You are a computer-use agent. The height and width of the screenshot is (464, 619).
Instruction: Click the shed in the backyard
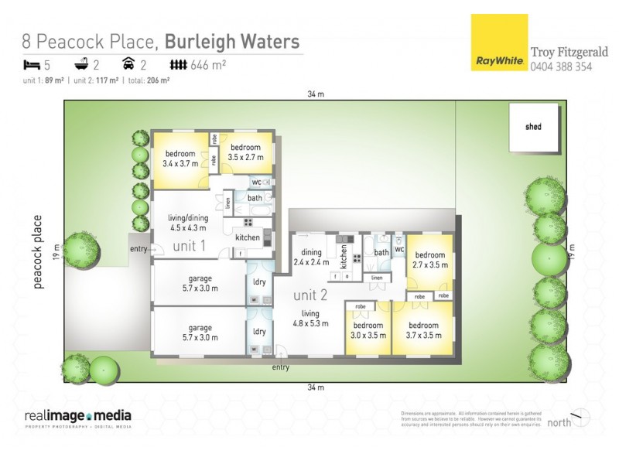click(533, 127)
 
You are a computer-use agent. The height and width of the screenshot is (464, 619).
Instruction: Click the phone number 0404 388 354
click(561, 67)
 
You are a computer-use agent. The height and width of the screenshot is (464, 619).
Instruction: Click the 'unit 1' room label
click(189, 246)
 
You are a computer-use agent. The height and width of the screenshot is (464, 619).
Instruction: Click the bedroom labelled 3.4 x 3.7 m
click(180, 159)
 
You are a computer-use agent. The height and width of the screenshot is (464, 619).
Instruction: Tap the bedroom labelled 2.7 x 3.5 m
click(430, 260)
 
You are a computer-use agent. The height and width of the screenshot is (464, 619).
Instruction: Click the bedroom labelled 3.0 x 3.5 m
click(368, 330)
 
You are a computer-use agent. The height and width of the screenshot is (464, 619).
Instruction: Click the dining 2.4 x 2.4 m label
click(311, 257)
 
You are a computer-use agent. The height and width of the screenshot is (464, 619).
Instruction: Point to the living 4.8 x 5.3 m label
click(310, 319)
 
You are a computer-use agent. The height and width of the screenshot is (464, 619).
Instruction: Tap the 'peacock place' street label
click(37, 252)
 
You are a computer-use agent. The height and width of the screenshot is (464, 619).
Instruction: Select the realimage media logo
click(77, 417)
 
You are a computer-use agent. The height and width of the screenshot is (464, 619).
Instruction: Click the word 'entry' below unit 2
click(281, 367)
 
